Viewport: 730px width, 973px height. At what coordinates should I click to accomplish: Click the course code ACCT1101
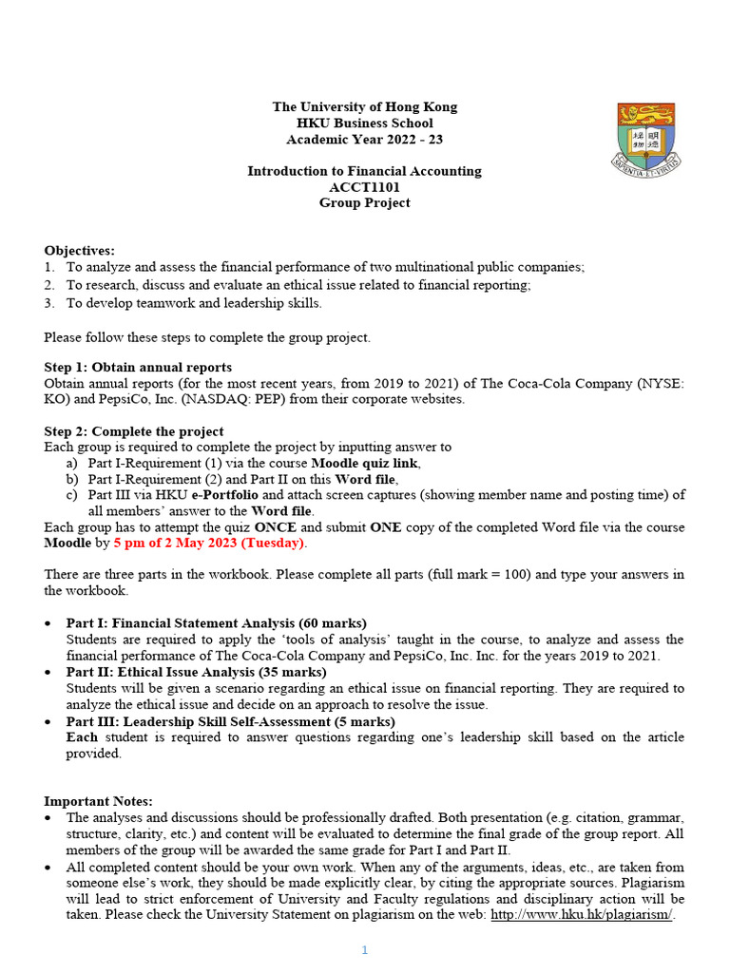[x=364, y=187]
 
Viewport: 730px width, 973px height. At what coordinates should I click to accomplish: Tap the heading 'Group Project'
[x=364, y=202]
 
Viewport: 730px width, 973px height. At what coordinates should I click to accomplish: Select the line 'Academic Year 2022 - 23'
[x=364, y=139]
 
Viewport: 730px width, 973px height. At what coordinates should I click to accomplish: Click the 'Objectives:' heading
[x=79, y=250]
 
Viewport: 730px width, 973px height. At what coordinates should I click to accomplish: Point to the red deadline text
[x=208, y=543]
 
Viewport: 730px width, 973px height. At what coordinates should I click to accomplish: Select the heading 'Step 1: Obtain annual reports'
[x=138, y=367]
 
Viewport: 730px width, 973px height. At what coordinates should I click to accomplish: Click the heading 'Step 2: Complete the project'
[x=134, y=430]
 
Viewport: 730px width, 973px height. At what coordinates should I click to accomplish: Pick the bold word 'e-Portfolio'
[x=224, y=494]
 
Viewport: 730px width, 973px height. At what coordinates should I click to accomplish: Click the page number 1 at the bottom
[x=364, y=950]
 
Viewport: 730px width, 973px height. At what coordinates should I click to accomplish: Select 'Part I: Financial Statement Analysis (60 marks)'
[x=216, y=623]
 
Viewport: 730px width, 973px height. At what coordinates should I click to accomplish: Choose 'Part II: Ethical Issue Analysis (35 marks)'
[x=197, y=672]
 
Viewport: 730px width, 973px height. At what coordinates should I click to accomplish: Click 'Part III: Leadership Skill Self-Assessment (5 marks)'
[x=230, y=721]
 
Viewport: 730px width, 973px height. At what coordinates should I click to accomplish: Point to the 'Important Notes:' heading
[x=98, y=801]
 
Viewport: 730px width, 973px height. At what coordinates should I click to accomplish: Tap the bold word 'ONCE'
[x=277, y=527]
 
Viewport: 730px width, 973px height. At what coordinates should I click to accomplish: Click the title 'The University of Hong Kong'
[x=364, y=106]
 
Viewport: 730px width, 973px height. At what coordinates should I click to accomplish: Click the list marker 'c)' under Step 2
[x=71, y=494]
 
